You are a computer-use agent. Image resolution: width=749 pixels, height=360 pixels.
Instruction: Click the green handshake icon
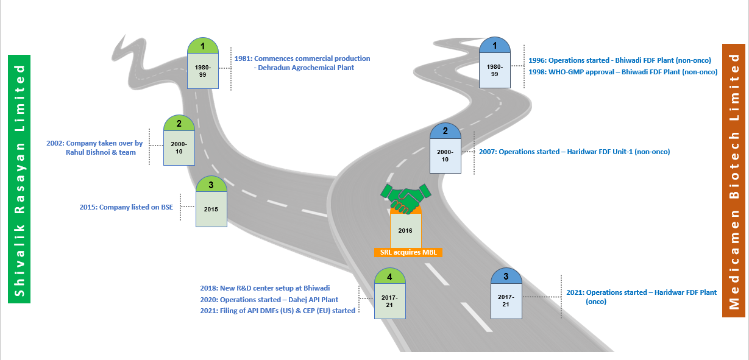point(406,199)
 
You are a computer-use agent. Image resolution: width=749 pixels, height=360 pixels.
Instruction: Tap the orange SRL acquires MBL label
point(408,252)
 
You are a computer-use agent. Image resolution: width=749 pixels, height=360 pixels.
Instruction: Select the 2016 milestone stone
point(406,231)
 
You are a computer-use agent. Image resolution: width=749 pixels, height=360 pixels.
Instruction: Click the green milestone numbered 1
point(202,63)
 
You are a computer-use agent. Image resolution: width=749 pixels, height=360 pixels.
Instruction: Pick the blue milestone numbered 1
point(494,63)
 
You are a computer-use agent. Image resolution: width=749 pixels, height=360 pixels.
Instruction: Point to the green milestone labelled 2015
point(211,202)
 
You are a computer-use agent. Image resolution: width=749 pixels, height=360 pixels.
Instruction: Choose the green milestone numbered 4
point(390,294)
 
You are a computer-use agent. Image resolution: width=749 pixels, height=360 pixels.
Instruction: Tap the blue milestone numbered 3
point(506,293)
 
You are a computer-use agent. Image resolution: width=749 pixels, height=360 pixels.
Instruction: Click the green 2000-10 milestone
point(179,140)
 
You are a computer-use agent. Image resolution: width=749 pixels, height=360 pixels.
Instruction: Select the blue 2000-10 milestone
point(445,148)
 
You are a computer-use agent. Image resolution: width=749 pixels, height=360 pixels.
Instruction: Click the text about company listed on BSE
point(126,207)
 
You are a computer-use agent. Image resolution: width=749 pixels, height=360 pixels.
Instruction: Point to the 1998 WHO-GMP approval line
point(623,72)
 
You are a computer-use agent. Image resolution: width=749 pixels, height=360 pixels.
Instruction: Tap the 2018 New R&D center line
point(265,288)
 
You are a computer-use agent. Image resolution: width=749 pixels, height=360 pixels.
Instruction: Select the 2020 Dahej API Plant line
point(269,300)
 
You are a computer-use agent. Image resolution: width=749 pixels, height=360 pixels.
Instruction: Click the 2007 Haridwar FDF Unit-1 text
point(575,152)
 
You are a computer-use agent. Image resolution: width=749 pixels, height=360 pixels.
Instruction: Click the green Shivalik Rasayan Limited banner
point(20,179)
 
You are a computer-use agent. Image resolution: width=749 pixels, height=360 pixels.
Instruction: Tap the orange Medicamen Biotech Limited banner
point(734,180)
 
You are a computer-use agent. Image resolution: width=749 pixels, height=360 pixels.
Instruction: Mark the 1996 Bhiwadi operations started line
point(620,60)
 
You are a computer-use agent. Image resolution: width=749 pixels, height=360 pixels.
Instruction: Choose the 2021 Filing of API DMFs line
point(277,311)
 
